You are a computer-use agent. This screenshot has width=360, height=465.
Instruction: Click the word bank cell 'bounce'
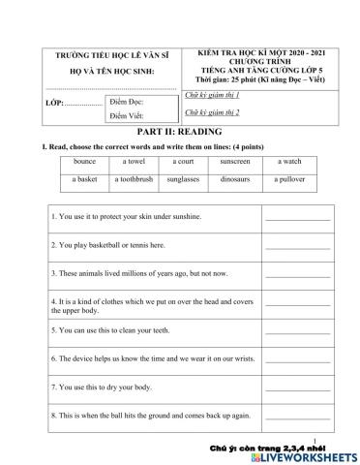84,161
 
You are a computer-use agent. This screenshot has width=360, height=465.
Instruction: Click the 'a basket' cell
84,179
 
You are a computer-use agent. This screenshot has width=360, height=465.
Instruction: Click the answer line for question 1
297,219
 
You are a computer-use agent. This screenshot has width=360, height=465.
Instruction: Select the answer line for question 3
297,275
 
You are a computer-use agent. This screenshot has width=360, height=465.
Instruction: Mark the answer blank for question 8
297,417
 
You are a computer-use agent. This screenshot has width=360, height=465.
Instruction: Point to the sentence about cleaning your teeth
127,329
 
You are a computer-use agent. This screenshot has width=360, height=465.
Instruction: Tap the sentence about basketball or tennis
107,245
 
